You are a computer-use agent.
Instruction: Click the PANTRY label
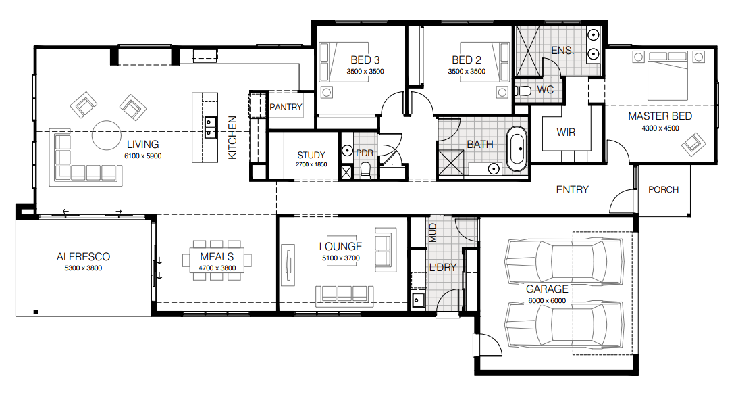pos(286,108)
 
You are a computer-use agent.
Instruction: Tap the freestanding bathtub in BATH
pos(518,148)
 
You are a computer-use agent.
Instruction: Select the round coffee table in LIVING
pos(107,135)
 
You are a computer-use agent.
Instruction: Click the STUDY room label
pos(311,155)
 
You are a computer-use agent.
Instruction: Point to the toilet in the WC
pos(523,91)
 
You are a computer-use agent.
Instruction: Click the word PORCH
pos(663,189)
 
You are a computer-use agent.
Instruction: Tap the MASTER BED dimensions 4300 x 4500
pos(660,128)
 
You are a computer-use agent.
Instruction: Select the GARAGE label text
pos(547,289)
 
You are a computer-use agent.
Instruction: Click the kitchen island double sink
pos(211,127)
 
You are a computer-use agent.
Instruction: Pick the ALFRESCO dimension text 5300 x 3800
pos(83,268)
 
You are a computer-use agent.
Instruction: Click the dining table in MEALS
pos(217,260)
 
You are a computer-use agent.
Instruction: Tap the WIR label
pos(566,133)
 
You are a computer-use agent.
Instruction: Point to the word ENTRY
pos(572,190)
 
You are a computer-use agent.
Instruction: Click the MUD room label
pos(433,233)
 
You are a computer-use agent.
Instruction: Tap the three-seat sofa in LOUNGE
pos(344,295)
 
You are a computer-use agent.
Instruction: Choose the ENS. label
pos(562,50)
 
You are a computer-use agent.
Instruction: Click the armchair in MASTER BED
pos(693,145)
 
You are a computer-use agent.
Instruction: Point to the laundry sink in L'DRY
pos(418,300)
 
